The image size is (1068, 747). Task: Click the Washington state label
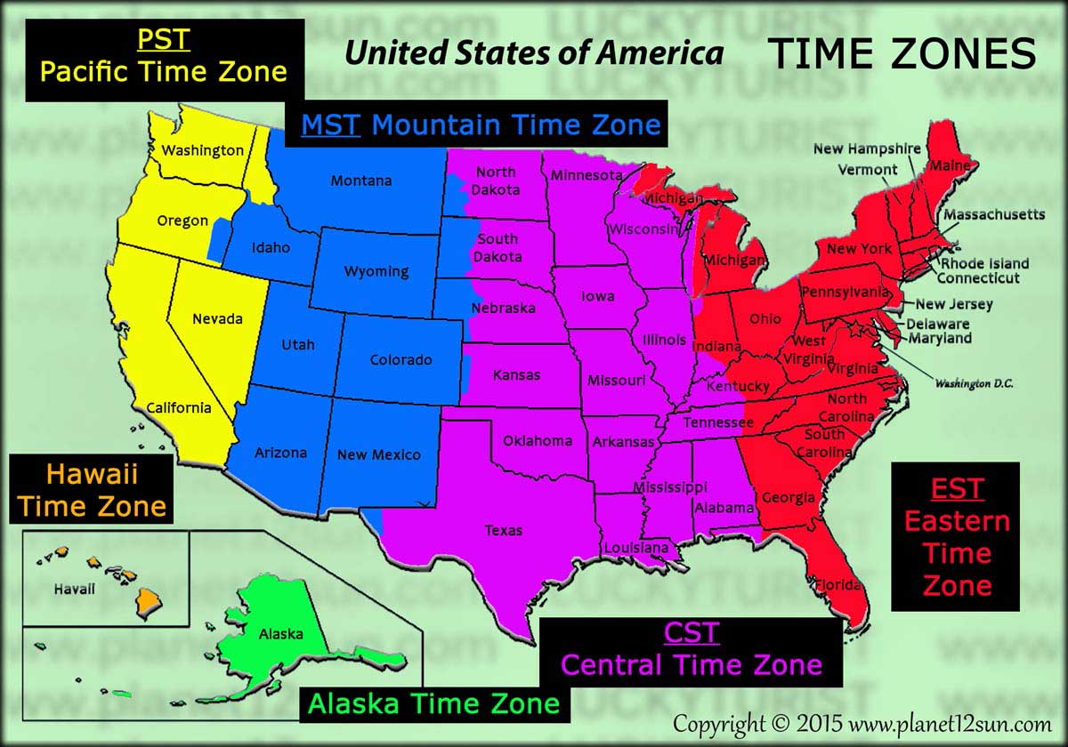coord(202,150)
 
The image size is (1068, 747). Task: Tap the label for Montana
coord(361,181)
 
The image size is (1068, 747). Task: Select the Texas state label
coord(504,530)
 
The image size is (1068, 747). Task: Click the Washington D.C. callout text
coord(974,383)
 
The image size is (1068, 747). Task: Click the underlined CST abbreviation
coord(691,633)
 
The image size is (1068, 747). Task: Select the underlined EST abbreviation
coord(957,488)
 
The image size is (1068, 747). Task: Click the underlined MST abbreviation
coord(330,124)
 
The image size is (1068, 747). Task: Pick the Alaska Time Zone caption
coord(434,703)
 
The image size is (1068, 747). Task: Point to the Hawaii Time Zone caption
coord(93,489)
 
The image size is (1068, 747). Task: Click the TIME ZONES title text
coord(902,55)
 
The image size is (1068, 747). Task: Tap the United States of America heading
coord(534,53)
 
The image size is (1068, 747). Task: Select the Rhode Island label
coord(985,263)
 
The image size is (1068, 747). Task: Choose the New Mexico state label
coord(379,454)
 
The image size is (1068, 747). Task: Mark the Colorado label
coord(401,360)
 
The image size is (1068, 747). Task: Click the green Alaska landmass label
coord(280,634)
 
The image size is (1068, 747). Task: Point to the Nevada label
coord(217,318)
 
